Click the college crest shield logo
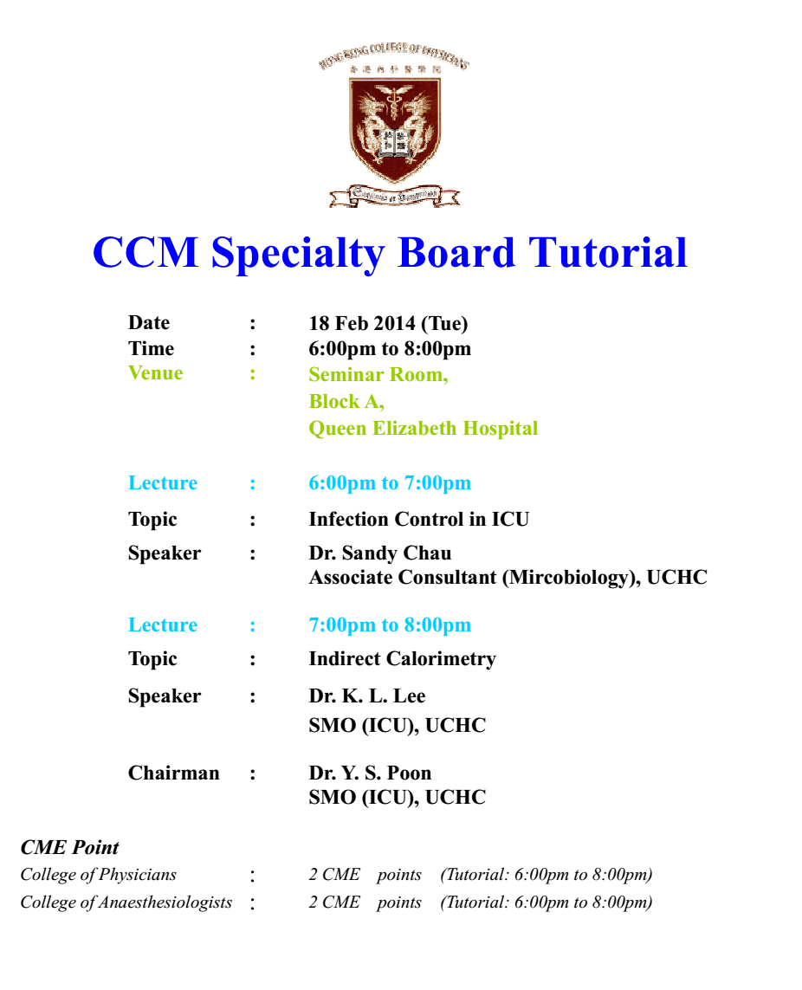click(x=395, y=129)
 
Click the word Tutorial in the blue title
click(x=607, y=253)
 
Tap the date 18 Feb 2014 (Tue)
click(x=388, y=323)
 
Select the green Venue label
click(x=155, y=373)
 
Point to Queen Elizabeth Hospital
click(x=424, y=428)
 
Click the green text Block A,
click(x=346, y=402)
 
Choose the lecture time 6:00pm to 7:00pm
click(x=390, y=483)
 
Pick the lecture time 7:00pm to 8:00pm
click(x=390, y=625)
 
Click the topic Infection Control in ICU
click(x=418, y=519)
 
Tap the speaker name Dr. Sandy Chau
click(x=380, y=553)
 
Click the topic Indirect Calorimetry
click(x=402, y=659)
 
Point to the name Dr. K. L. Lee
click(x=367, y=696)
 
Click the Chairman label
click(x=174, y=773)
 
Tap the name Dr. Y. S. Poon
click(x=370, y=773)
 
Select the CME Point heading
click(x=69, y=847)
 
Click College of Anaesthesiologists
click(x=126, y=903)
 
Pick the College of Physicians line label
click(x=99, y=875)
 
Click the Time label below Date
click(x=151, y=348)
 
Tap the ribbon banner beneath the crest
click(x=395, y=196)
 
